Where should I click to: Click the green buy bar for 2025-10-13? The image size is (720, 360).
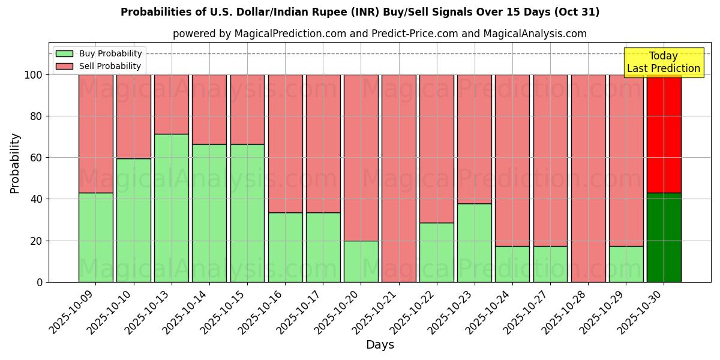tap(172, 208)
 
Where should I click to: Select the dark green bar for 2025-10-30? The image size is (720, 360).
tap(664, 238)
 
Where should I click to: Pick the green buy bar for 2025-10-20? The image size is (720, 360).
tap(361, 262)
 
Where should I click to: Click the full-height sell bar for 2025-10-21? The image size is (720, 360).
tap(399, 178)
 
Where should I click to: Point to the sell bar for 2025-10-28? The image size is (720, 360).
tap(589, 178)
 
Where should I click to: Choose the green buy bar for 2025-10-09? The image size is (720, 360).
tap(96, 237)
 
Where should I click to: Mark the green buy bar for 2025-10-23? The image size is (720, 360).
tap(475, 242)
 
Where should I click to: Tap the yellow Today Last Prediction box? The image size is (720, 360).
tap(664, 62)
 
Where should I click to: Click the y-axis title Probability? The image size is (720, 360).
tap(15, 163)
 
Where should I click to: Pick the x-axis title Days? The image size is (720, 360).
tap(380, 345)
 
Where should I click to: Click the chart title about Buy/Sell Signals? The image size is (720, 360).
tap(360, 12)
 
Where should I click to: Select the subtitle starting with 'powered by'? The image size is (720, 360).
tap(380, 34)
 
